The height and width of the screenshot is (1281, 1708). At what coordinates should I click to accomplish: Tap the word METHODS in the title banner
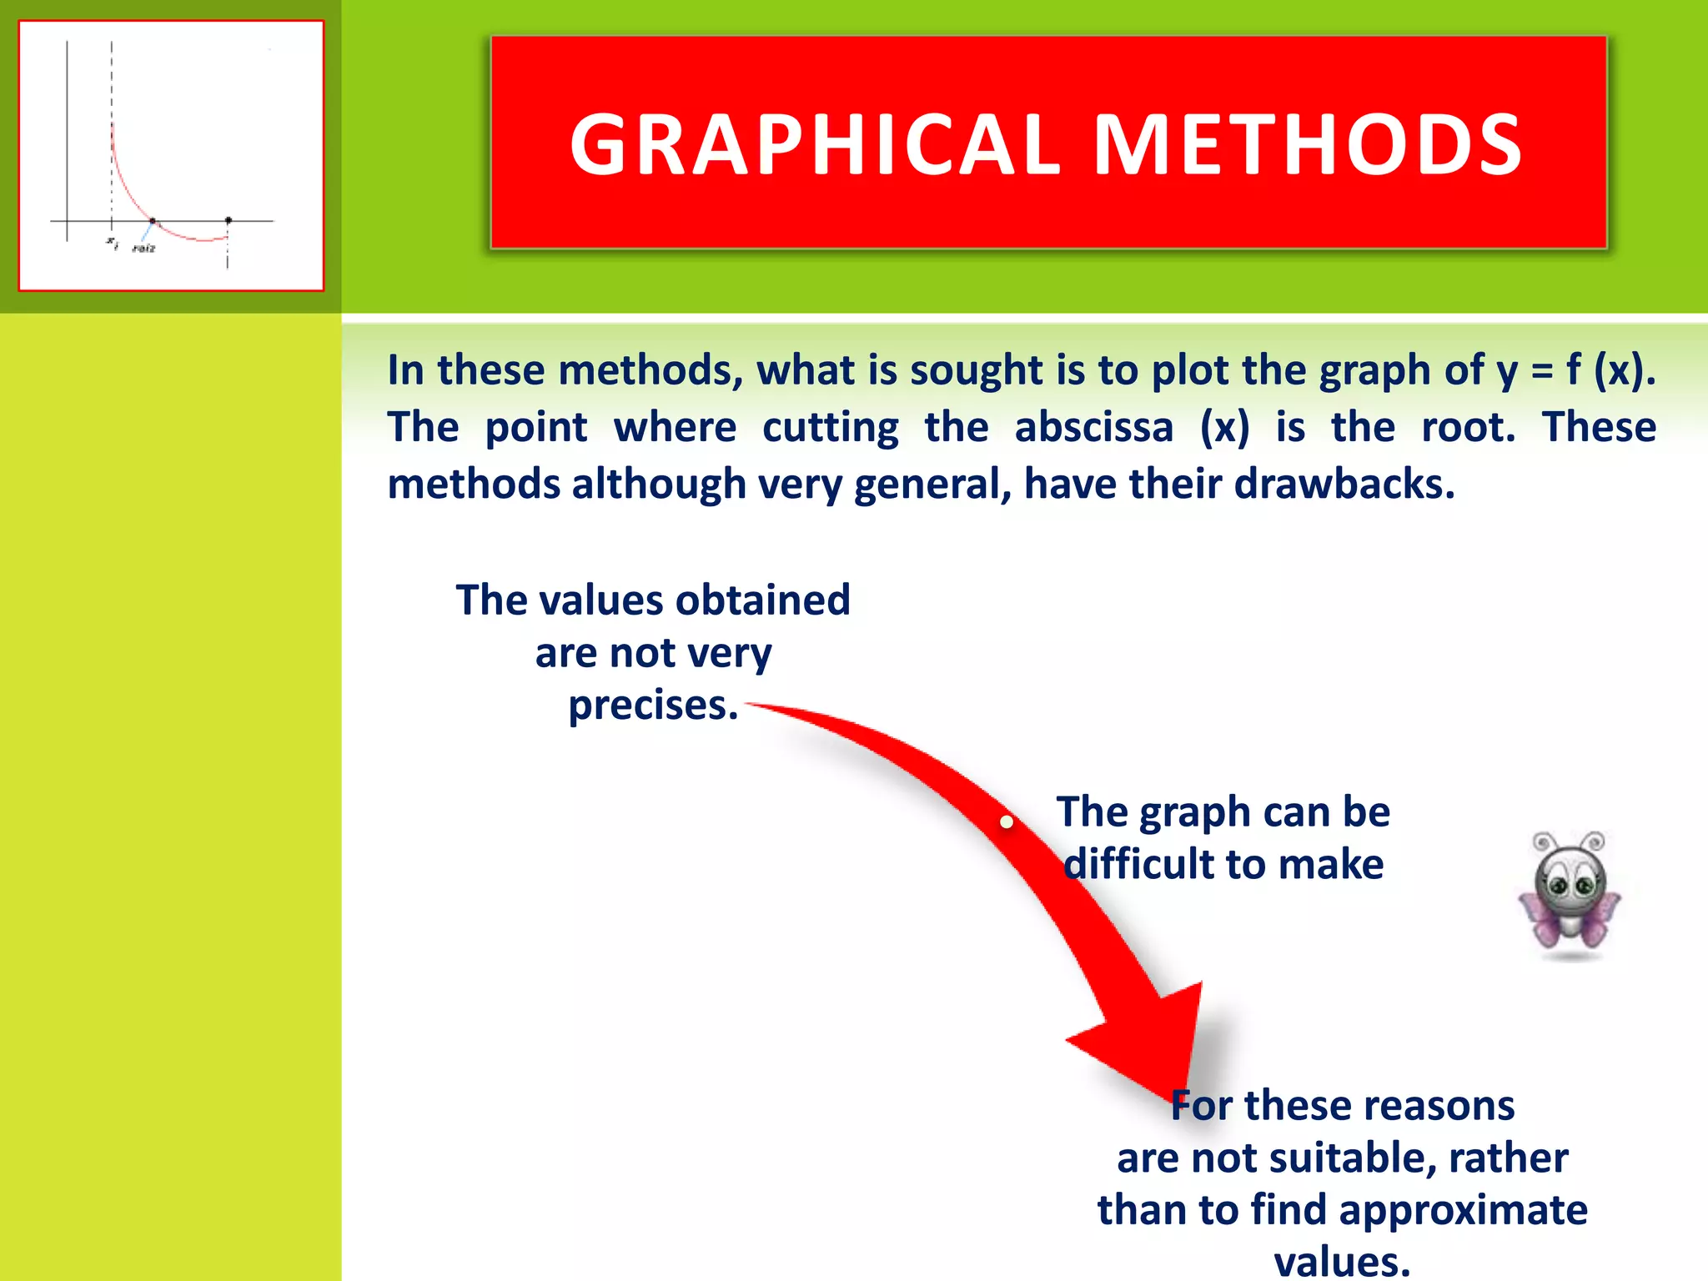[1308, 145]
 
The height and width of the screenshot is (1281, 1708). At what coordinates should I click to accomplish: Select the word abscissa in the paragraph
[1093, 428]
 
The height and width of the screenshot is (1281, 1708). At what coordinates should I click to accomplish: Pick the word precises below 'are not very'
[652, 706]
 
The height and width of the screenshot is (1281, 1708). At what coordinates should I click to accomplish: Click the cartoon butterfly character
[1570, 894]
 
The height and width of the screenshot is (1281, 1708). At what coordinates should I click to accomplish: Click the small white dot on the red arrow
[1007, 822]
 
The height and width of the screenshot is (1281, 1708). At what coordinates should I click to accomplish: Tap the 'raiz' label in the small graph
[143, 249]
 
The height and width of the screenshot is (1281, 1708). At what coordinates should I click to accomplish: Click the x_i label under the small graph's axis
[112, 243]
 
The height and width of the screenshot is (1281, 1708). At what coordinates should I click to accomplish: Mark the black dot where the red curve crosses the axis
[152, 221]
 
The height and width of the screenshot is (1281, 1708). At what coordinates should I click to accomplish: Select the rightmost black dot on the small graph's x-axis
[229, 221]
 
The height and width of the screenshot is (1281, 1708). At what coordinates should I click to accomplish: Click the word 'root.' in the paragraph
[1468, 428]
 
